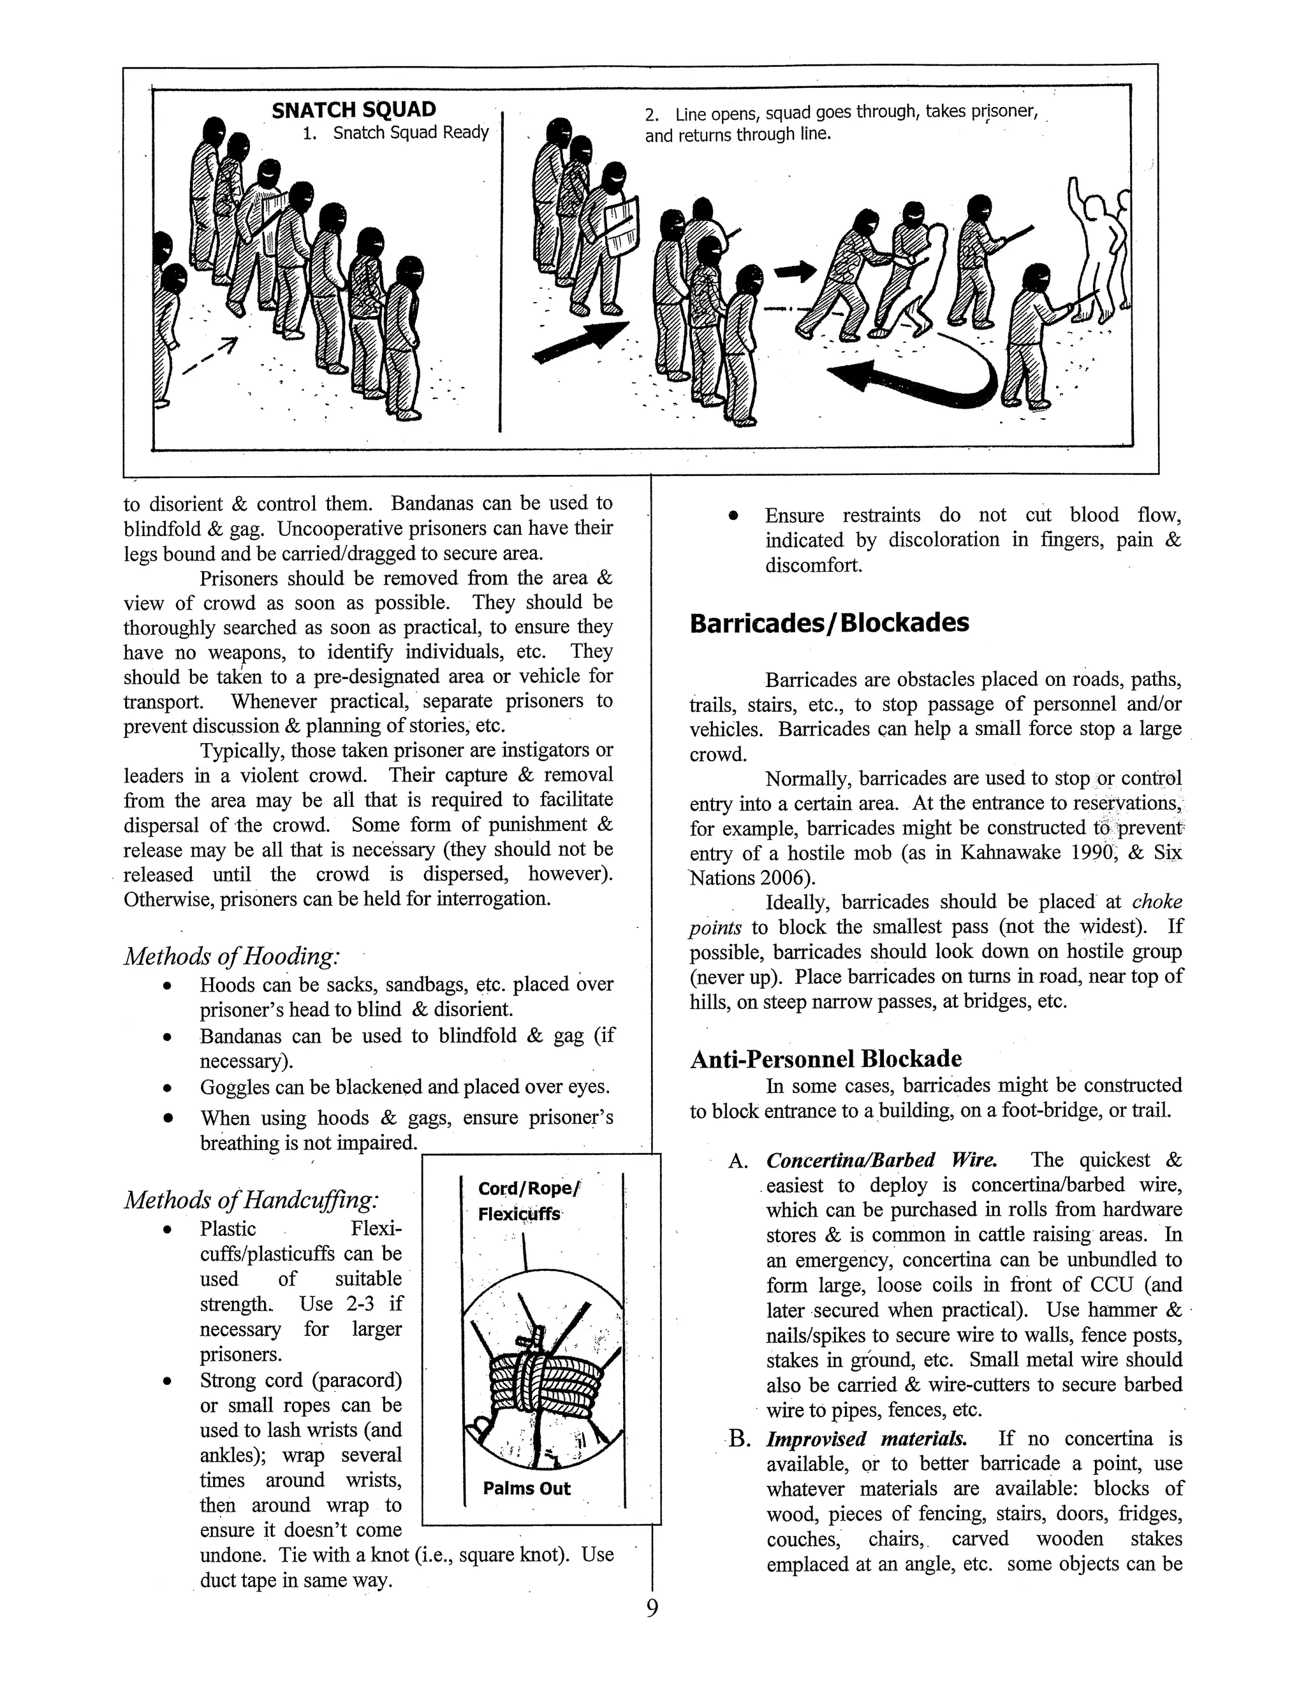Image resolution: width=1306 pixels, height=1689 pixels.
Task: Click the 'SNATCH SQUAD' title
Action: [x=353, y=110]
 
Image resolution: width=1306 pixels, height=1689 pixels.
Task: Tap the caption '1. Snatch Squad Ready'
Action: [x=395, y=133]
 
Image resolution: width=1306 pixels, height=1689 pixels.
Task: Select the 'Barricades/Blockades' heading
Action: [x=828, y=623]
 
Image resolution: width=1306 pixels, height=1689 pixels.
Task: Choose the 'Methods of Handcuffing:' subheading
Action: [x=251, y=1200]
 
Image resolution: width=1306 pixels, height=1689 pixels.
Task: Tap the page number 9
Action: [x=652, y=1609]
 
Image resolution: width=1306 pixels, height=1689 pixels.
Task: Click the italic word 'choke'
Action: [x=1157, y=902]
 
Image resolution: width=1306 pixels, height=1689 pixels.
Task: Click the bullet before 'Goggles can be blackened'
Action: [x=167, y=1088]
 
